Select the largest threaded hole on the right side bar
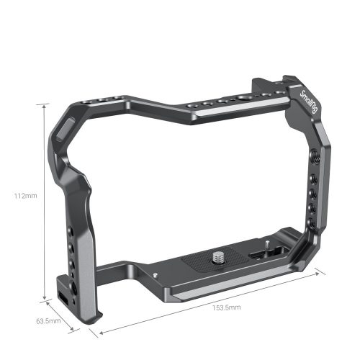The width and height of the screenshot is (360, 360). point(315,153)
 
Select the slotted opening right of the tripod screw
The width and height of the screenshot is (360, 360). point(258,253)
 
